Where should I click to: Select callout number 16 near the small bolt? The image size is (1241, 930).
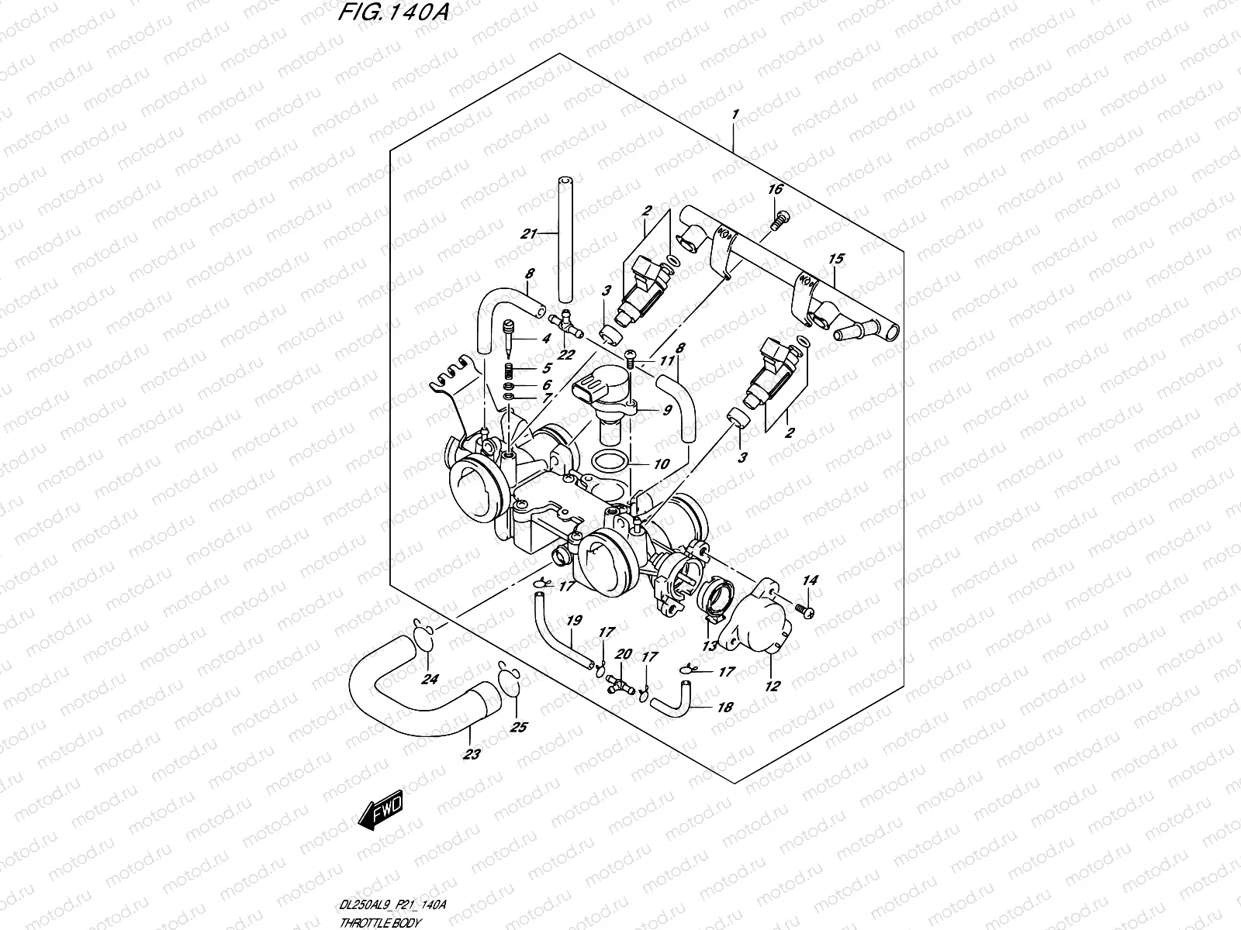click(775, 190)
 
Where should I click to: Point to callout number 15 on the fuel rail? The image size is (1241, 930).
click(836, 258)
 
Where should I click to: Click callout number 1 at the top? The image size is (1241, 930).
click(735, 114)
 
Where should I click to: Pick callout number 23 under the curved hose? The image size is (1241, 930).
click(472, 754)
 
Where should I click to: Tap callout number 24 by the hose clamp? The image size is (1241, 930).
click(429, 680)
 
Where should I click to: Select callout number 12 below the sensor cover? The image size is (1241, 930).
click(773, 685)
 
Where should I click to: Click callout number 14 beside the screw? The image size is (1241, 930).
click(811, 580)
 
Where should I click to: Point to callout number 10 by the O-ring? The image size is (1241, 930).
click(661, 465)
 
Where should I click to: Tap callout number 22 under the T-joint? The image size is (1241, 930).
click(567, 355)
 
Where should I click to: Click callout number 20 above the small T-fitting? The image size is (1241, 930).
click(622, 655)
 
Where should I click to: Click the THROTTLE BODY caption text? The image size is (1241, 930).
click(380, 923)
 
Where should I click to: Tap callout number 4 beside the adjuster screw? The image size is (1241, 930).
click(547, 339)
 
